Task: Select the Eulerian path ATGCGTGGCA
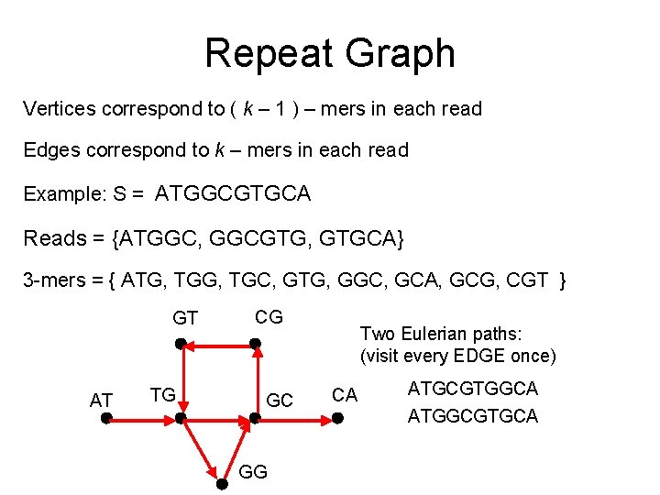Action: (x=473, y=389)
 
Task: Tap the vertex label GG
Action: (x=252, y=471)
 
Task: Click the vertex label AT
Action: (x=101, y=400)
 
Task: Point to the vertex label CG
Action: (x=269, y=317)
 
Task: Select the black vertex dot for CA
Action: (x=336, y=418)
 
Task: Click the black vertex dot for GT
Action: (x=181, y=344)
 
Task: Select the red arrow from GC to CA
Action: (x=295, y=419)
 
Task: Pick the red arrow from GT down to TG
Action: (x=181, y=380)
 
